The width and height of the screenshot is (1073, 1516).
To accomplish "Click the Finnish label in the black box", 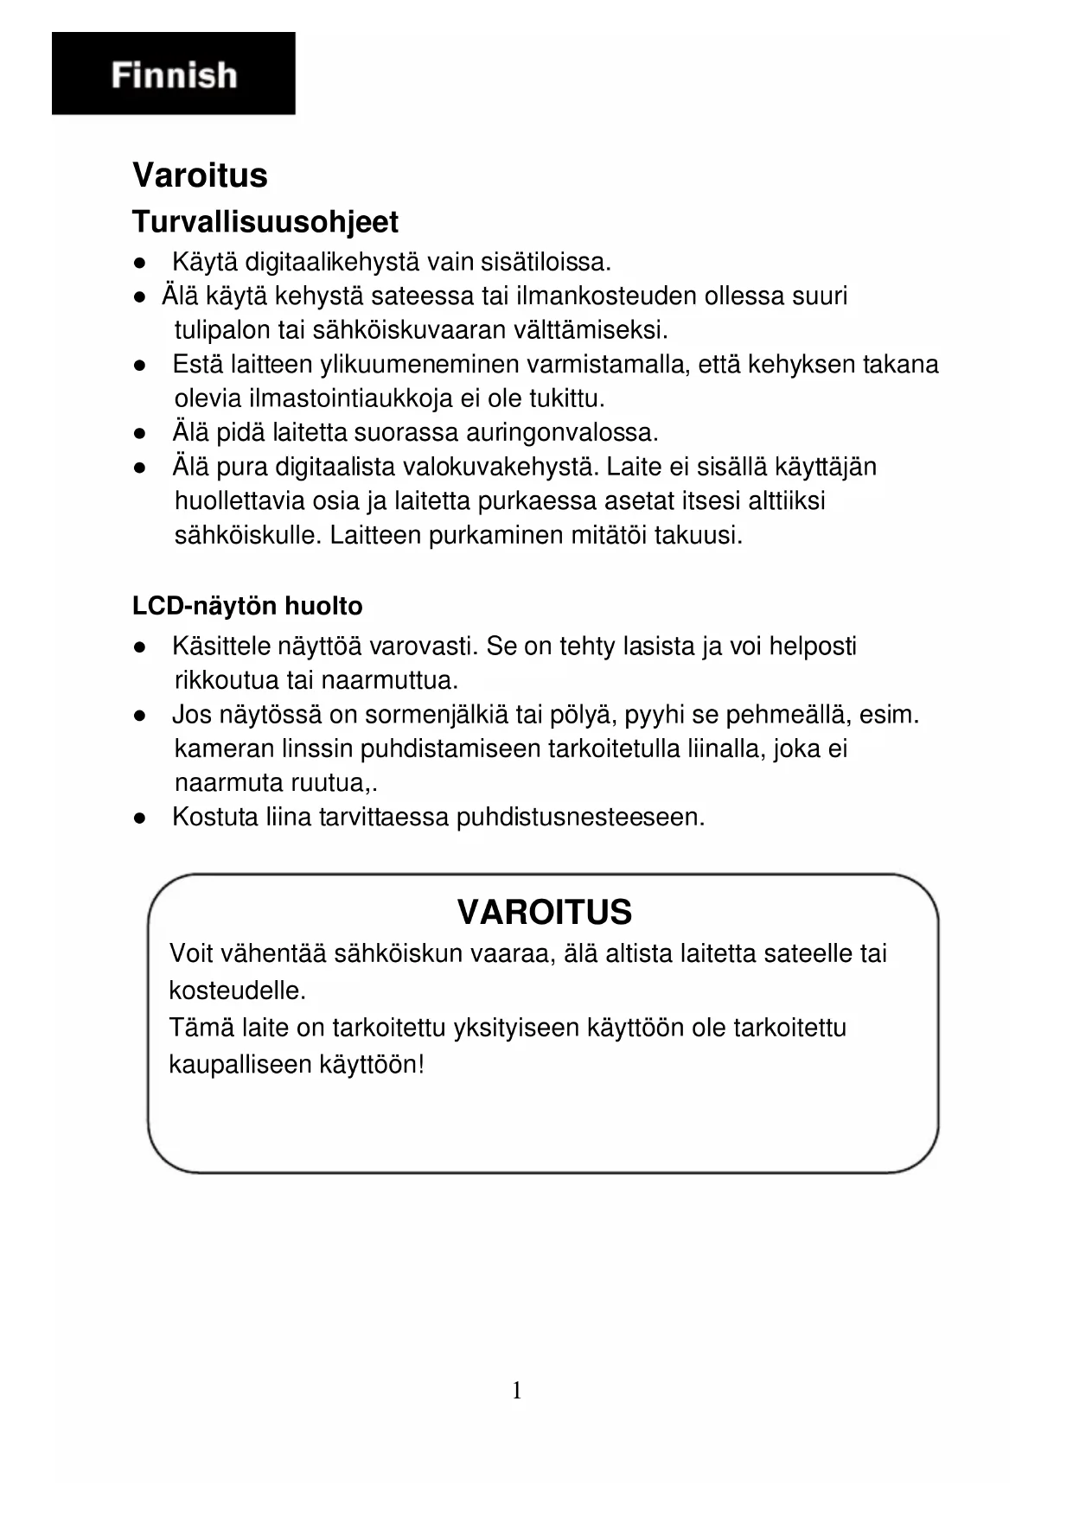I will tap(174, 75).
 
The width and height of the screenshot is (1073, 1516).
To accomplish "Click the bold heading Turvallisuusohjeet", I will tap(265, 222).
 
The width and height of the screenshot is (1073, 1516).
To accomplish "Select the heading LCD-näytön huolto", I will tap(247, 606).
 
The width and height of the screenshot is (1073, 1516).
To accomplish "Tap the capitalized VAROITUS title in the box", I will tap(544, 912).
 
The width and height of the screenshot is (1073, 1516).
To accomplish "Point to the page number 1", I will tap(517, 1390).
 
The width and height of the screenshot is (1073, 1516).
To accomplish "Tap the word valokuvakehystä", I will tap(501, 467).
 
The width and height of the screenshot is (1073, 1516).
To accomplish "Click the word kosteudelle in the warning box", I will tap(238, 990).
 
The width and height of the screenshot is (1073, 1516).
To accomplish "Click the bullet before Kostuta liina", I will tap(138, 818).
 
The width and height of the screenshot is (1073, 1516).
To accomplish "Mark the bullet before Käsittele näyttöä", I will tap(138, 647).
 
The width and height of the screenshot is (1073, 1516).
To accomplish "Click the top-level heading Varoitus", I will tap(200, 175).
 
